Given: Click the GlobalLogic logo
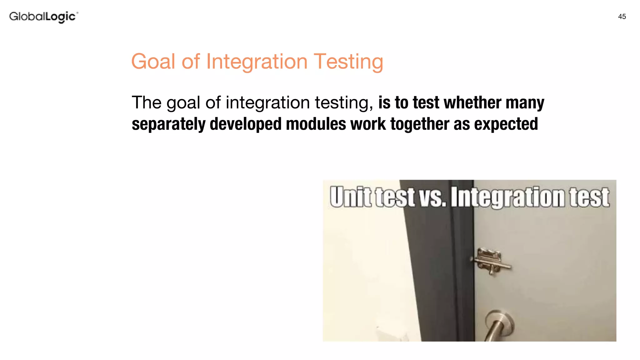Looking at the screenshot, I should [44, 17].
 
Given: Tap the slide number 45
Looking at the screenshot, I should [622, 17].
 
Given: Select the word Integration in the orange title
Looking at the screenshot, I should [257, 61].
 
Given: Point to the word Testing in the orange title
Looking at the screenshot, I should [348, 61].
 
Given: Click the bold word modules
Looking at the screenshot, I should [316, 124].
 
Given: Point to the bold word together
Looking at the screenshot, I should [420, 124].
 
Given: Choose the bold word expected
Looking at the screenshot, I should [506, 124].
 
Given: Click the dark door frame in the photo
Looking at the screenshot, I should [444, 275].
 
